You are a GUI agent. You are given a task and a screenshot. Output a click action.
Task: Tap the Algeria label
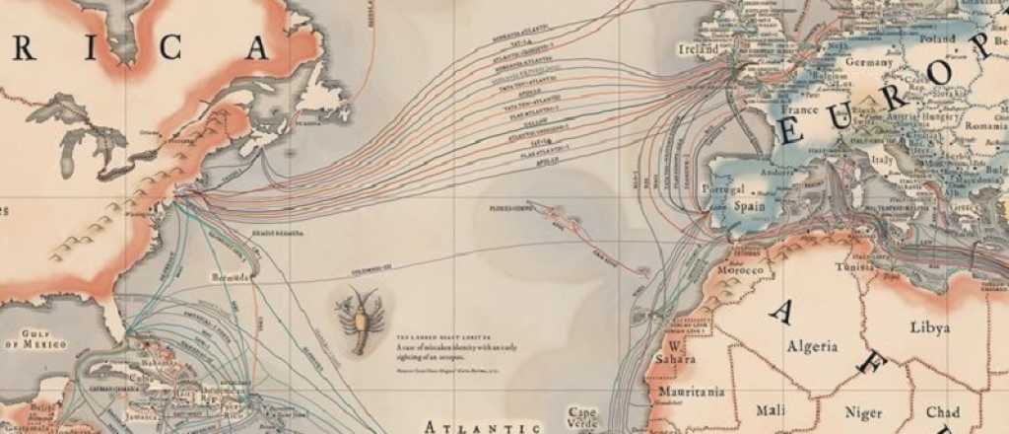(812, 346)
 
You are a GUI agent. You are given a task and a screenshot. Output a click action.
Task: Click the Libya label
(930, 326)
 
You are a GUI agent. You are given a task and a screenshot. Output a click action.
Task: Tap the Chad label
(942, 411)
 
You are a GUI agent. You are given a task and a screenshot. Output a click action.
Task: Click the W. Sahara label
(674, 353)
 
